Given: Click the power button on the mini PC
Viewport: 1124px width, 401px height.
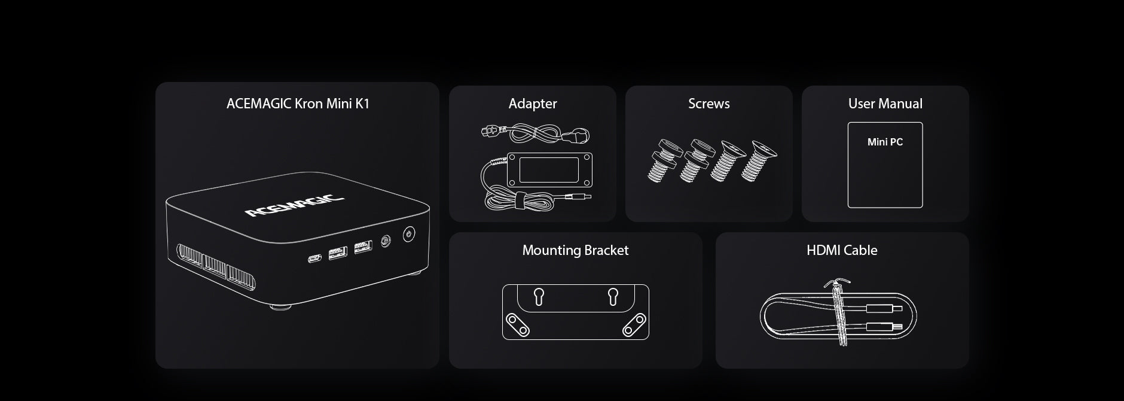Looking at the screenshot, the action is [x=408, y=233].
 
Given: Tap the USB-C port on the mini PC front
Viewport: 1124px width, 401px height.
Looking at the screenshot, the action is [x=314, y=259].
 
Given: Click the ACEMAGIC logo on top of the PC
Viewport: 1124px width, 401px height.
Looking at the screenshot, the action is [x=294, y=205].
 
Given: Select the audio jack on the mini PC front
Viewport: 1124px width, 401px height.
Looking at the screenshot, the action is [x=385, y=241].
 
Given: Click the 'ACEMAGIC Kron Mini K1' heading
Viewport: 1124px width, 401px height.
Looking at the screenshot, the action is [x=298, y=104].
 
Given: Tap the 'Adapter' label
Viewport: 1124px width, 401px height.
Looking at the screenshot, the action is [x=533, y=104].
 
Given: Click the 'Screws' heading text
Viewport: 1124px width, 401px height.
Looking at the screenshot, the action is [x=708, y=104].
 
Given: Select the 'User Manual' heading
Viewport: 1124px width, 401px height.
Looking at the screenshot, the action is [x=885, y=104].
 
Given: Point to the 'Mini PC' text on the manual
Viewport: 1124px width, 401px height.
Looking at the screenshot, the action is [x=885, y=142].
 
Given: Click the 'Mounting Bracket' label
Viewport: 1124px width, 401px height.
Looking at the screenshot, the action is [x=575, y=250].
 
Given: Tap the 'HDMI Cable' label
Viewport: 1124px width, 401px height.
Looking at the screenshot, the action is [x=842, y=250].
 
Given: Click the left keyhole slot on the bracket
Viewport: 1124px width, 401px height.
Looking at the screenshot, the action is [x=538, y=296].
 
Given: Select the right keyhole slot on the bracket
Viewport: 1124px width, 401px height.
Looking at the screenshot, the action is [x=613, y=296].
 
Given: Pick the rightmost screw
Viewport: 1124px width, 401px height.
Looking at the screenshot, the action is [x=758, y=160].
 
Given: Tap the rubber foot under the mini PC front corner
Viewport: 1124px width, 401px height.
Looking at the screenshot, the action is [x=280, y=307].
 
